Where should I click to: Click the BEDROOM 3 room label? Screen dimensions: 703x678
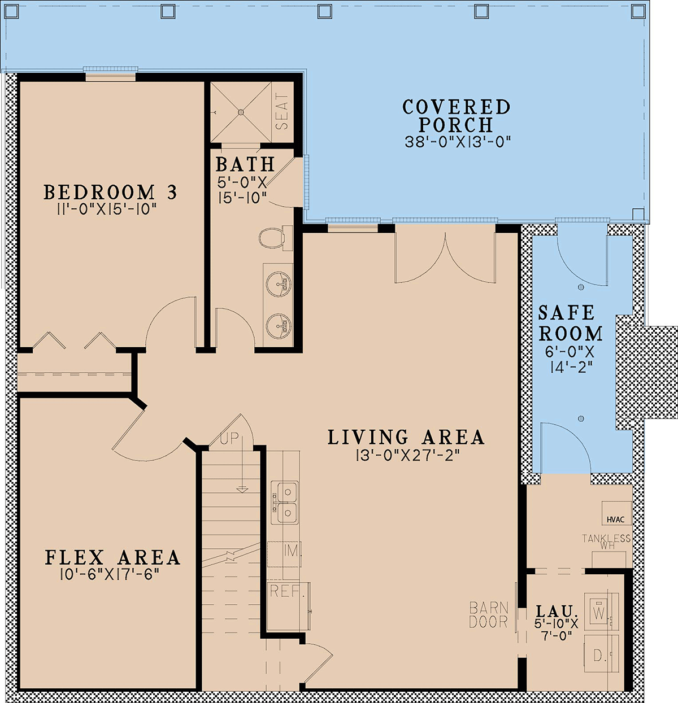click(110, 193)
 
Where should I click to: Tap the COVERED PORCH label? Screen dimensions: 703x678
click(457, 116)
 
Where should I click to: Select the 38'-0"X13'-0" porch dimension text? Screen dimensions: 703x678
click(458, 142)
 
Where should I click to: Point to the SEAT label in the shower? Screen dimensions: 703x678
click(282, 111)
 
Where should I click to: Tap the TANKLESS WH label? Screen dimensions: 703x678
click(607, 542)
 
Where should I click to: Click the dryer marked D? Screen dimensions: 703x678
click(598, 655)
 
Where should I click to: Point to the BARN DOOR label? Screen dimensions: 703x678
click(489, 615)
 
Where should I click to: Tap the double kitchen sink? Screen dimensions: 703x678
click(285, 503)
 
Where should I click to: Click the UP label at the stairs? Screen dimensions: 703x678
click(229, 439)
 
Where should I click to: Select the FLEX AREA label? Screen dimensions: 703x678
click(112, 558)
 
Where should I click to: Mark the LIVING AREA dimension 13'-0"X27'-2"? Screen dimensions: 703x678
click(407, 455)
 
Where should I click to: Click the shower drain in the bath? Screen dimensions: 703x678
click(241, 112)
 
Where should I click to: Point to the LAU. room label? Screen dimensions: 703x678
click(556, 611)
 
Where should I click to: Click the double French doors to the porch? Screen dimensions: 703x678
click(445, 254)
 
